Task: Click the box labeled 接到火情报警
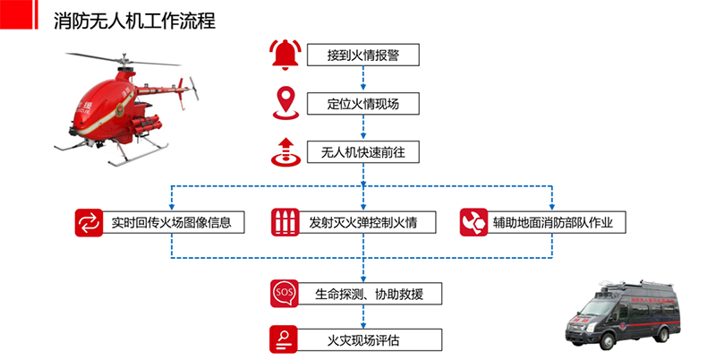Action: click(x=362, y=56)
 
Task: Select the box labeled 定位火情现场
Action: click(x=362, y=104)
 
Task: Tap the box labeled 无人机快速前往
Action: click(x=362, y=152)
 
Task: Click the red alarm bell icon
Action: click(x=285, y=56)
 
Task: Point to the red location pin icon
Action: click(x=285, y=102)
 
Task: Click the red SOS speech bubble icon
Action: click(x=284, y=293)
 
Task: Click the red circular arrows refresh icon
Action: click(x=89, y=222)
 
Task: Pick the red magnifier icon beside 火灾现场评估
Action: click(x=284, y=339)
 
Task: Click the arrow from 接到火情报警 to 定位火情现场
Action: click(x=362, y=79)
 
